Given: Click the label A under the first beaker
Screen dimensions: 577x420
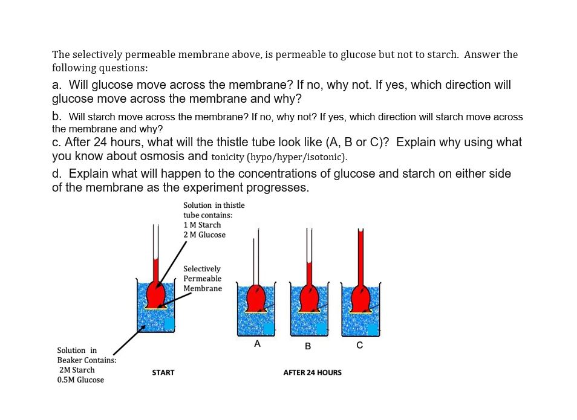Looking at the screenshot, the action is point(258,344).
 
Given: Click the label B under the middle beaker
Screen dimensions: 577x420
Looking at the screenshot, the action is point(308,346).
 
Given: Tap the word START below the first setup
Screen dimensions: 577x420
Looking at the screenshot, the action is point(163,373).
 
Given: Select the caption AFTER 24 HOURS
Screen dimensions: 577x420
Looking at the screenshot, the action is point(312,373).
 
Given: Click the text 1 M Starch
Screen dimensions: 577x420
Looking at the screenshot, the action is point(202,225).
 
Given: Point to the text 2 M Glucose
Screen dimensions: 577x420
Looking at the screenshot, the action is point(204,234).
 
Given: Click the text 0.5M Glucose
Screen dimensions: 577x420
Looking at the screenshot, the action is point(80,380).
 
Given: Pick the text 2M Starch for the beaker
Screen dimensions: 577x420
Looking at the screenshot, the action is point(77,370).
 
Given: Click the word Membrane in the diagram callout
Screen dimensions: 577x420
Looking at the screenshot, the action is point(203,288).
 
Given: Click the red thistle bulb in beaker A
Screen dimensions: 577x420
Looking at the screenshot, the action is point(257,297).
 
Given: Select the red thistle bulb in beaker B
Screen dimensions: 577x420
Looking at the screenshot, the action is point(309,297).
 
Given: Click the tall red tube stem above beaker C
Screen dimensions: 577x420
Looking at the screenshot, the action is point(361,254).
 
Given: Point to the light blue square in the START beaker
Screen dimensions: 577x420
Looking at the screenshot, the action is point(169,324).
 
